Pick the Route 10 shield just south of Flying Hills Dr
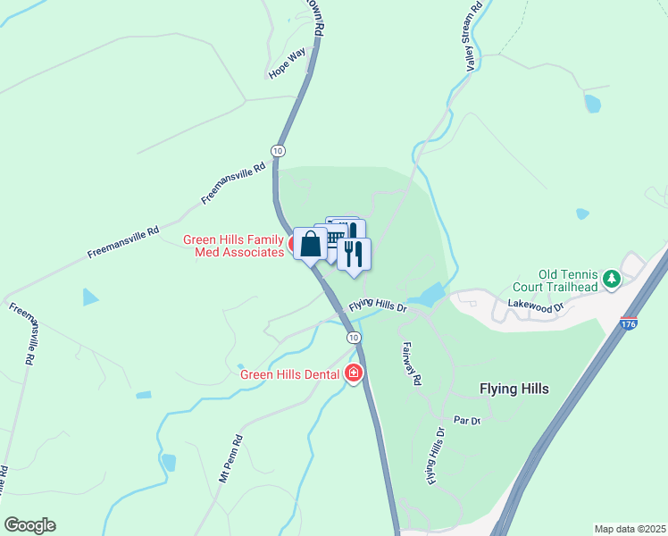point(355,337)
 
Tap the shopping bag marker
point(310,243)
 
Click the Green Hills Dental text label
point(291,373)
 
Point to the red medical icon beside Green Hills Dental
point(354,373)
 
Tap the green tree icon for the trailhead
point(612,280)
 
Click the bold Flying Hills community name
point(514,389)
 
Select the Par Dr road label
point(467,419)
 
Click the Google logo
point(29,525)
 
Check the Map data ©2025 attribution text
point(629,529)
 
